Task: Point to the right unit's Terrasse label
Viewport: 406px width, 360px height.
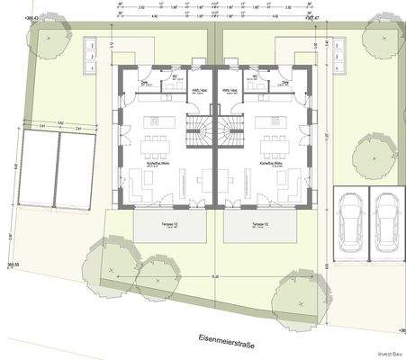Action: [260, 222]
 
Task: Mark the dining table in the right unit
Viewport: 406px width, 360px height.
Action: [271, 144]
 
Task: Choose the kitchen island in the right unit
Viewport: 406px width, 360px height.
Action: [266, 120]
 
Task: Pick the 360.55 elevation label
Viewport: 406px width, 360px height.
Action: [13, 265]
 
